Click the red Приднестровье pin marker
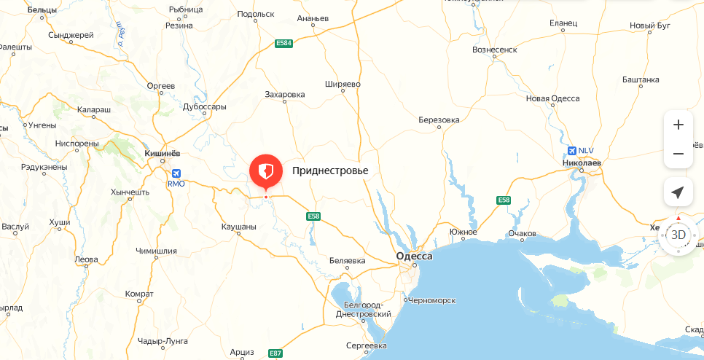coord(266,172)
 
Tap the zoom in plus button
coord(678,125)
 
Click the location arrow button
coord(678,192)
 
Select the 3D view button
coord(678,235)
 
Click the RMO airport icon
coord(176,173)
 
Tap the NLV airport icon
coord(572,151)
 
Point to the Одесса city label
coord(414,256)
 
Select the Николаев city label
coord(582,163)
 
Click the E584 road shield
coord(283,44)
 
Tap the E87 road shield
coord(275,353)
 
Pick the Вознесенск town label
coord(495,50)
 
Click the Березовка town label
coord(439,120)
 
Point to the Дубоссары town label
coord(204,106)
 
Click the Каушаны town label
coord(238,227)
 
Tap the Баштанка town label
coord(641,79)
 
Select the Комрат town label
coord(139,294)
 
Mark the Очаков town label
coord(522,233)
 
